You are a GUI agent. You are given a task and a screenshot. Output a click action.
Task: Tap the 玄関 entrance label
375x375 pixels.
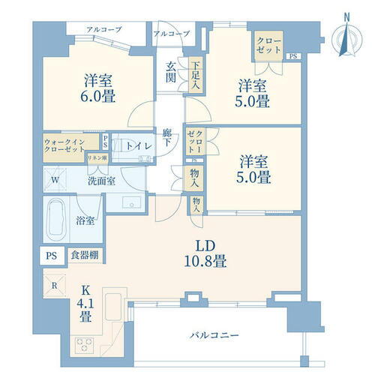171,72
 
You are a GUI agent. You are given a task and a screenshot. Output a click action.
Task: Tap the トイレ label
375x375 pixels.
136,145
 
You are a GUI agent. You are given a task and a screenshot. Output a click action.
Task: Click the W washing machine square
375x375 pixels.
54,180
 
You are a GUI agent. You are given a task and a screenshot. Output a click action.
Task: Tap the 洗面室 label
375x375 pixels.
100,181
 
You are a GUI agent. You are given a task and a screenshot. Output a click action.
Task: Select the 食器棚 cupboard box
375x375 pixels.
85,254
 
